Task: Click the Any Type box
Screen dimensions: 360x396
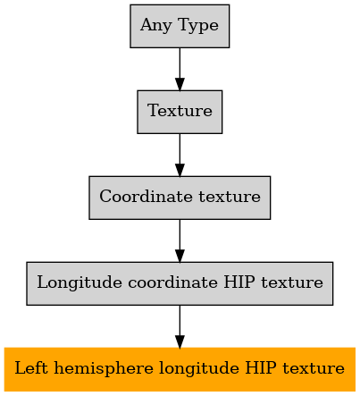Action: tap(180, 26)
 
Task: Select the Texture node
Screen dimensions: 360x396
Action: tap(180, 112)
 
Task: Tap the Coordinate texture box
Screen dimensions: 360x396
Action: tap(180, 198)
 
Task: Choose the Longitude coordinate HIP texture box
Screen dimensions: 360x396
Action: tap(180, 283)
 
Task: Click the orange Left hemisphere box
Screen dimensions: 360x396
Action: tap(180, 369)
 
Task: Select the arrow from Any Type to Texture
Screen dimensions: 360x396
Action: tap(180, 69)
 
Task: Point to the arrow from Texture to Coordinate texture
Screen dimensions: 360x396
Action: tap(180, 155)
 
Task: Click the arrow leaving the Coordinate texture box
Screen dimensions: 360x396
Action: tap(180, 240)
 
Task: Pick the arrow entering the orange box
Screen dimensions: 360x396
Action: tap(180, 326)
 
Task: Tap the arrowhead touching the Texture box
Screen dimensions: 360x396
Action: tap(180, 84)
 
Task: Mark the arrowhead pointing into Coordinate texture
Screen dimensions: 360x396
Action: tap(180, 170)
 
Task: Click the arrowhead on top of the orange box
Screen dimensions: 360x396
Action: tap(180, 341)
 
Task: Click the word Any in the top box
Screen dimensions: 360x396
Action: tap(156, 26)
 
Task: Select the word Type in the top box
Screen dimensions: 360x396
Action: tap(198, 26)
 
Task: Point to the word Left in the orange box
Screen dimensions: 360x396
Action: tap(31, 367)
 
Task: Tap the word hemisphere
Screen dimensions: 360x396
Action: tap(104, 369)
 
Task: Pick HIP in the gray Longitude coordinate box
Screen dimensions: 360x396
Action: tap(239, 282)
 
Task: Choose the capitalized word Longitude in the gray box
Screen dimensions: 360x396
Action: tap(80, 283)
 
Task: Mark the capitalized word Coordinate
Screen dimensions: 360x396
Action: tap(146, 196)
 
